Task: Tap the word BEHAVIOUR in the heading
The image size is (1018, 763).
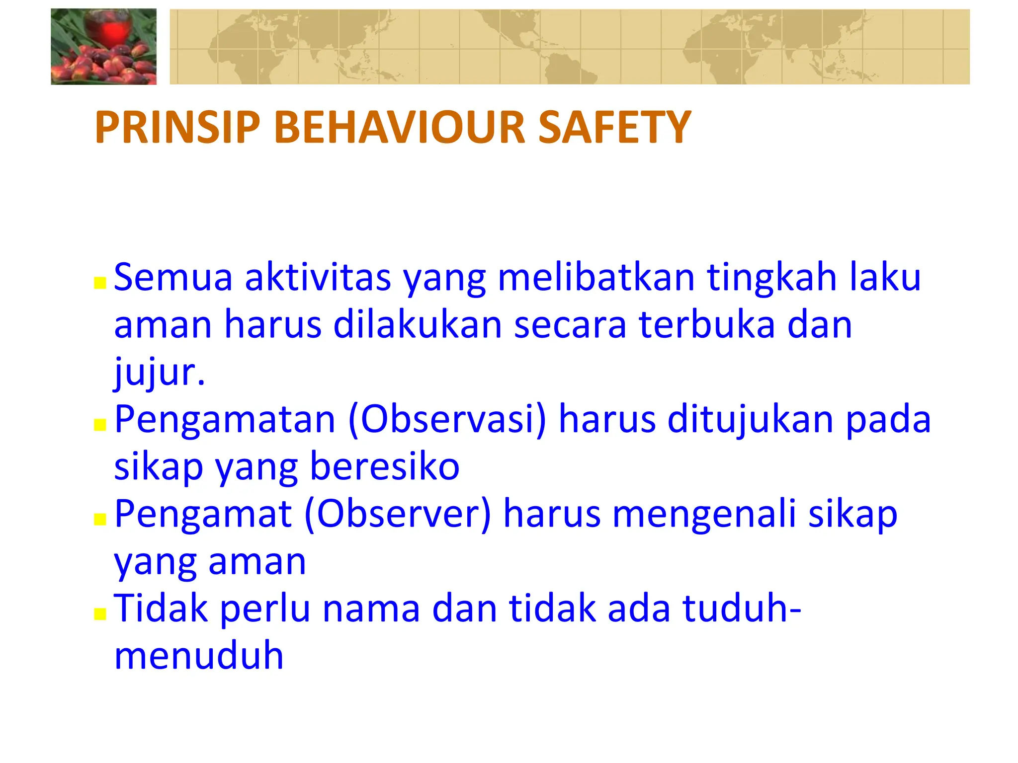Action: tap(400, 128)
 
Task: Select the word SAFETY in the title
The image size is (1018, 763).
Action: tap(614, 128)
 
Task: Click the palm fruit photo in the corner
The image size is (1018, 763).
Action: tap(103, 47)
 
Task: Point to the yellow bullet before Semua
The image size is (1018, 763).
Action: tap(100, 283)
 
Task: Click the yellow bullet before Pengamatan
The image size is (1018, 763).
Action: tap(100, 425)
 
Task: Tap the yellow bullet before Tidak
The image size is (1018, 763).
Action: tap(100, 614)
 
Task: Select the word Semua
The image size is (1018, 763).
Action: tap(173, 277)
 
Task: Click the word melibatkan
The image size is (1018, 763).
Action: tap(596, 277)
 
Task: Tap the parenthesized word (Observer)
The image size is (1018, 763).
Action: tap(397, 514)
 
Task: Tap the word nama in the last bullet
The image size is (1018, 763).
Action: tap(371, 609)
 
